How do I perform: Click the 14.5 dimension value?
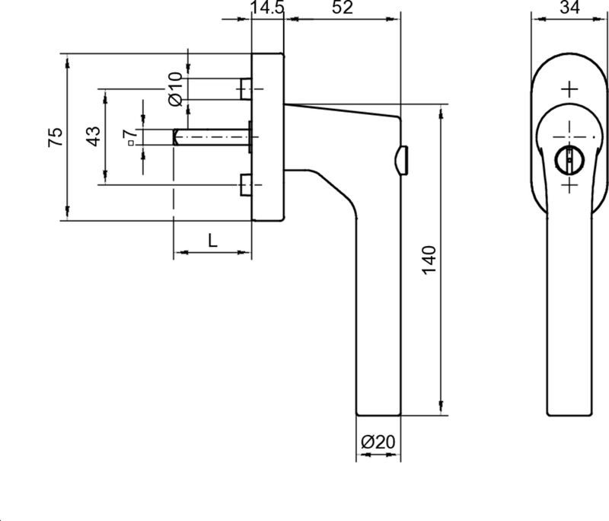(x=268, y=7)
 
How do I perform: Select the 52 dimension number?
(x=343, y=7)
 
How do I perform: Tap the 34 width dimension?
(x=569, y=7)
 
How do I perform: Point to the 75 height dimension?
(x=55, y=137)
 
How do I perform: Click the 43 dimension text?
(x=93, y=136)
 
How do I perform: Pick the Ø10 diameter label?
(x=176, y=89)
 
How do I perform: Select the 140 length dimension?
(x=429, y=260)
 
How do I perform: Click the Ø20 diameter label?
(x=378, y=442)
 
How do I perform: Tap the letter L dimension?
(x=212, y=241)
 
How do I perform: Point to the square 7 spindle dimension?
(x=129, y=136)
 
